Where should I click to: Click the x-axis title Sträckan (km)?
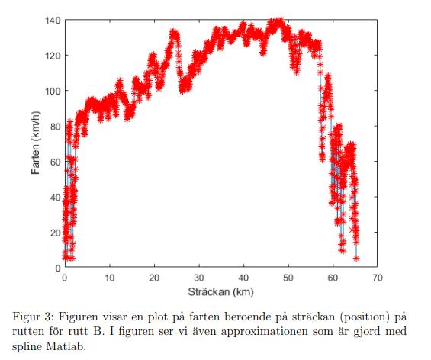point(220,292)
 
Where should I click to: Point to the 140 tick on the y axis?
point(51,20)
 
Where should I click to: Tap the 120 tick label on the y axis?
point(51,56)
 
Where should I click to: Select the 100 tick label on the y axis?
point(51,91)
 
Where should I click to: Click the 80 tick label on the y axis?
point(53,127)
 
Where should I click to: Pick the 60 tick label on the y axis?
point(53,162)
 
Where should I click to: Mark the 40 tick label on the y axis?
point(53,197)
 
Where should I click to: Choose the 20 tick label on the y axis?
point(53,233)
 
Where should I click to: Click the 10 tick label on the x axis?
point(110,278)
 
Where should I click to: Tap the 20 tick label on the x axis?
point(154,278)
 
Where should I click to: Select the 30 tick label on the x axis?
point(199,278)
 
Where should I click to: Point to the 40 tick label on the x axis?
point(243,278)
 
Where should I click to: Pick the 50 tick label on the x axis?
point(288,278)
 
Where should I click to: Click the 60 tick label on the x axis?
point(333,278)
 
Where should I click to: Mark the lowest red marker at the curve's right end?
point(355,258)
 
